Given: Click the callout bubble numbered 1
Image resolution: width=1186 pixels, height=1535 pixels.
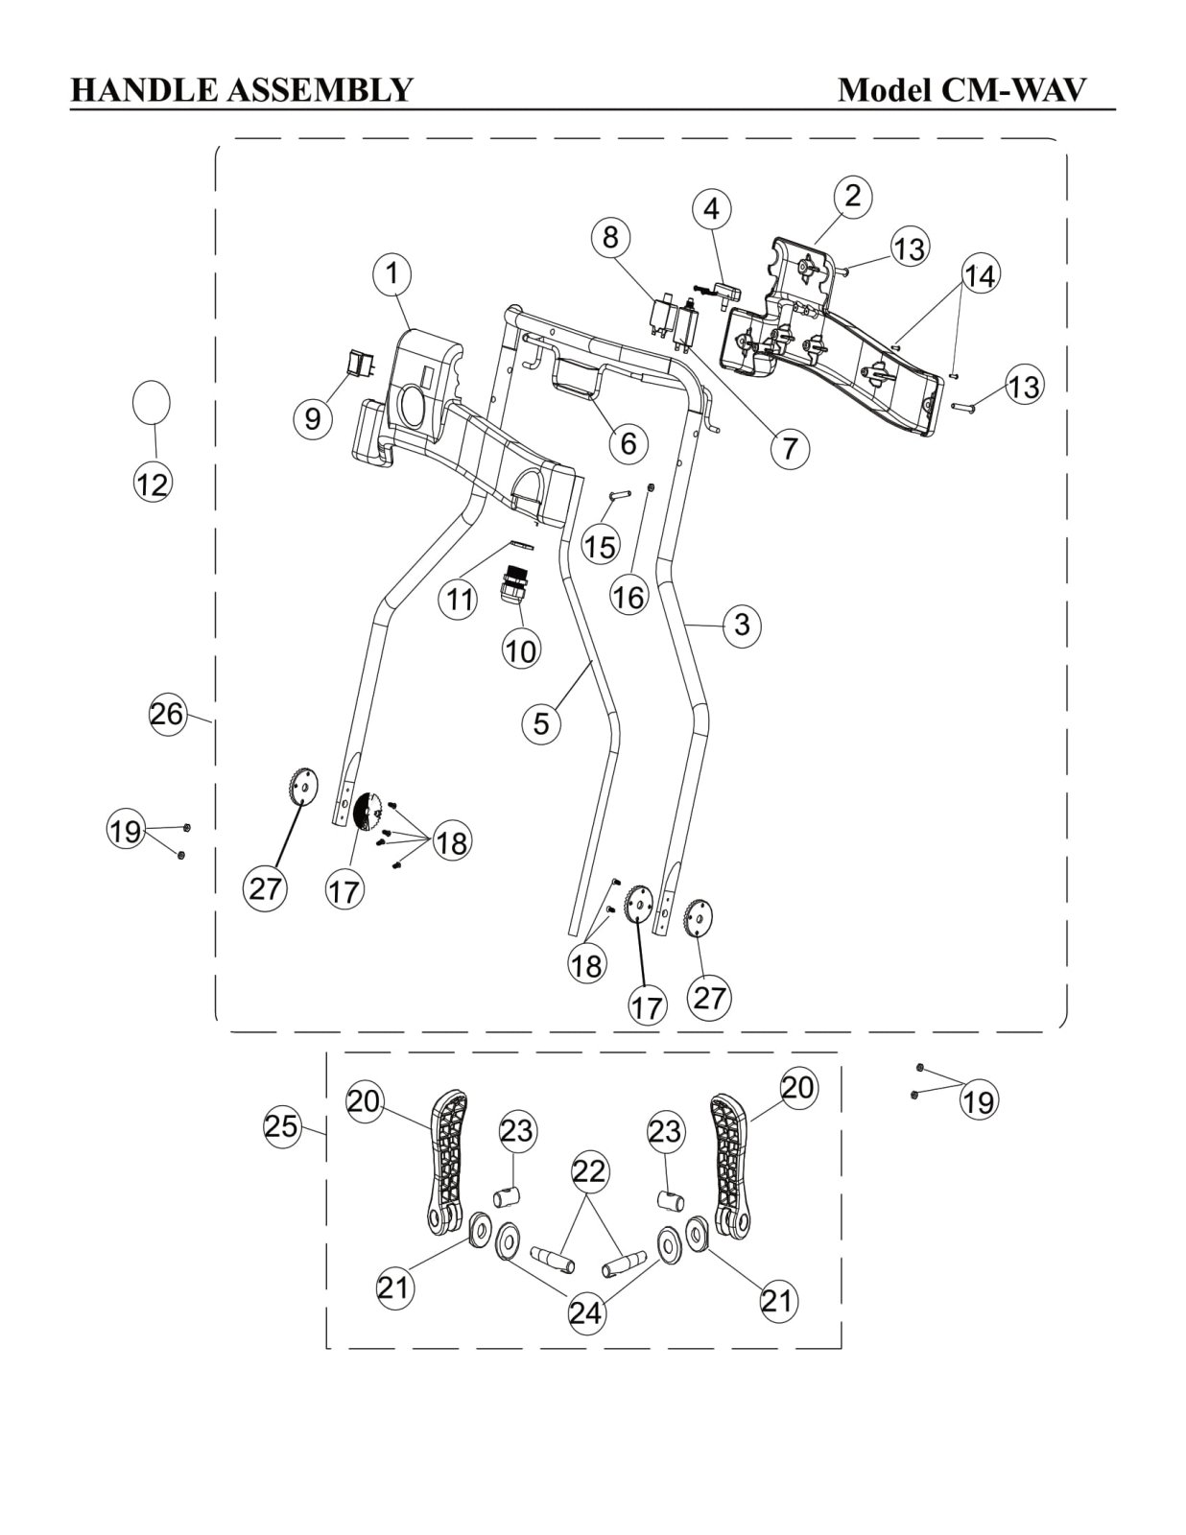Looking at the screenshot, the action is click(392, 274).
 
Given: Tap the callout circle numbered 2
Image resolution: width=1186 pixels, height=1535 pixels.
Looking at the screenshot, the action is click(853, 196).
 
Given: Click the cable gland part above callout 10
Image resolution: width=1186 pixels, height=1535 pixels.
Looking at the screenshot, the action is click(514, 584).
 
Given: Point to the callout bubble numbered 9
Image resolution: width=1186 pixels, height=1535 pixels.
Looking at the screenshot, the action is click(312, 419).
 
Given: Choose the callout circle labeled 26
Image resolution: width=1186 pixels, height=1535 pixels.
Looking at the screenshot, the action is click(167, 714).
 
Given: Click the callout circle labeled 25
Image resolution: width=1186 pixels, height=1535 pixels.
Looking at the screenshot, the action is click(282, 1126).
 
